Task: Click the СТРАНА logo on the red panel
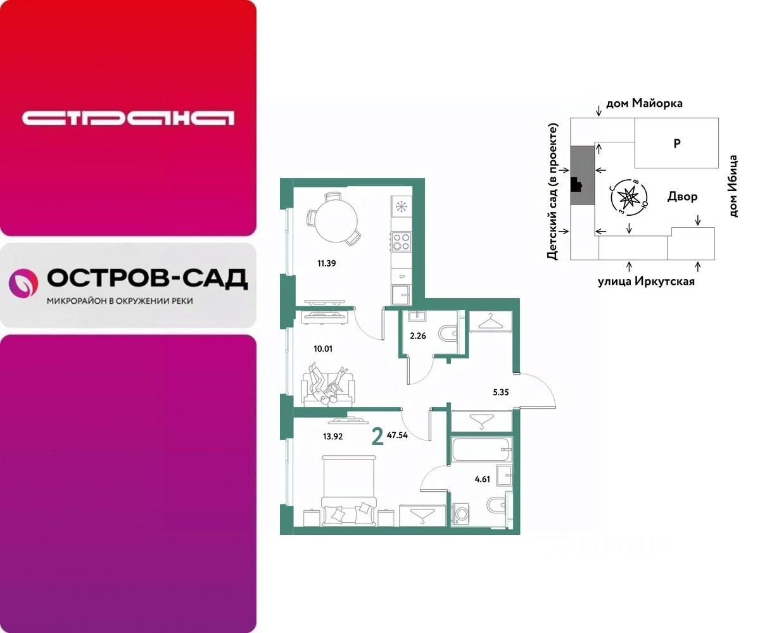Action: (x=128, y=118)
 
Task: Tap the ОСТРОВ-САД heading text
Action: (x=147, y=279)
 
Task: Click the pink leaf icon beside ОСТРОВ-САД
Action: (x=24, y=282)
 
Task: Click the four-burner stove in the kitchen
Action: (x=401, y=242)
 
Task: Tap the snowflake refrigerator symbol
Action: (x=401, y=206)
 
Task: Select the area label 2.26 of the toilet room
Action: (x=418, y=336)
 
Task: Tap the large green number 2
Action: (x=378, y=437)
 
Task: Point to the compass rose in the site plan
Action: (x=628, y=198)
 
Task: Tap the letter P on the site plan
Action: (x=676, y=144)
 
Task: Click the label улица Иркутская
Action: (x=645, y=282)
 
